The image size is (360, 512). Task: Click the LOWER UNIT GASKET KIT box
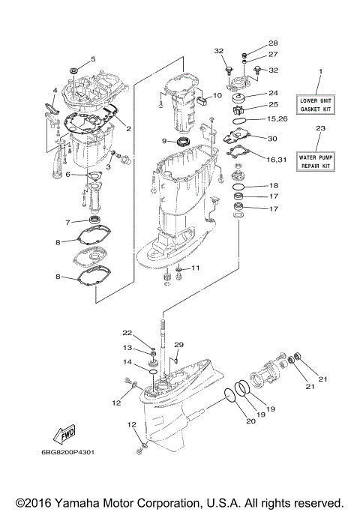tap(319, 103)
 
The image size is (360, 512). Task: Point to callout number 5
tap(93, 58)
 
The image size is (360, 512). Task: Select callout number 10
tap(217, 96)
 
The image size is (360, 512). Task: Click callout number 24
tap(273, 94)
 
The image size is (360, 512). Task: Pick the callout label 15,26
tap(277, 119)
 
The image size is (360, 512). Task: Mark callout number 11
tap(196, 268)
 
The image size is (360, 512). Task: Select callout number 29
tap(178, 344)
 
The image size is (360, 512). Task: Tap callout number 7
tap(67, 222)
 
